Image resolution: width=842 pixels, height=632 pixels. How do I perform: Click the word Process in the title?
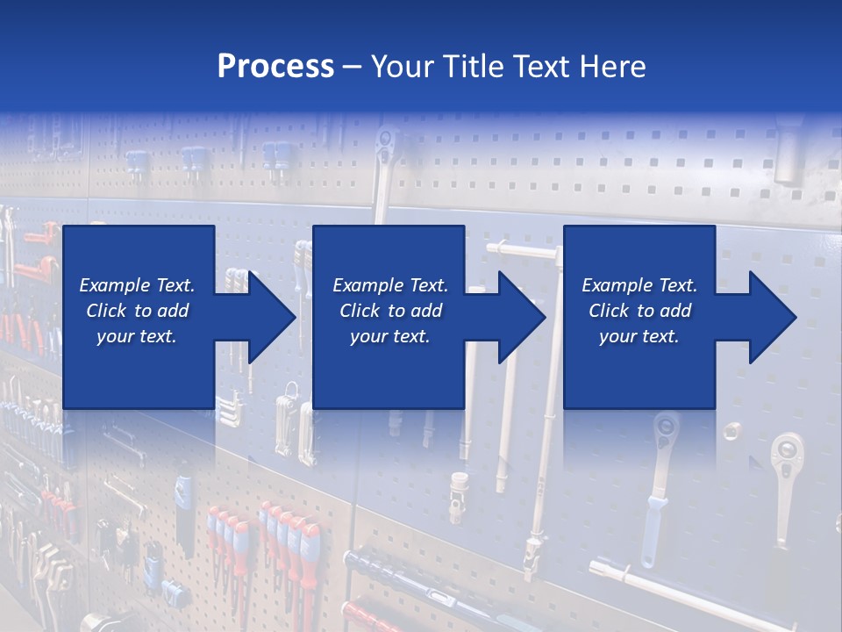[x=275, y=67]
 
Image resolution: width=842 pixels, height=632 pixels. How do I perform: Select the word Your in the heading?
[x=403, y=67]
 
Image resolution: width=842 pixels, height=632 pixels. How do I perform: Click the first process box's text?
[x=138, y=311]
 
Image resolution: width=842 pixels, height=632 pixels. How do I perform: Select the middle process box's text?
[x=390, y=311]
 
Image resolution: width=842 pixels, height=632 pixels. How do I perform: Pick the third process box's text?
[x=639, y=311]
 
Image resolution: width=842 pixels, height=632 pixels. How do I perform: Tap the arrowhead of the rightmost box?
[x=771, y=317]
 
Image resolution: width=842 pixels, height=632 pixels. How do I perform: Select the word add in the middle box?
[x=427, y=311]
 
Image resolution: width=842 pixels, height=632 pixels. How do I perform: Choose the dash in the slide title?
[x=353, y=67]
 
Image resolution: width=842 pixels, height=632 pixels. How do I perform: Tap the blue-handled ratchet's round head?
[x=665, y=430]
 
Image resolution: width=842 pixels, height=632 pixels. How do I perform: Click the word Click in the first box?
[x=106, y=311]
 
